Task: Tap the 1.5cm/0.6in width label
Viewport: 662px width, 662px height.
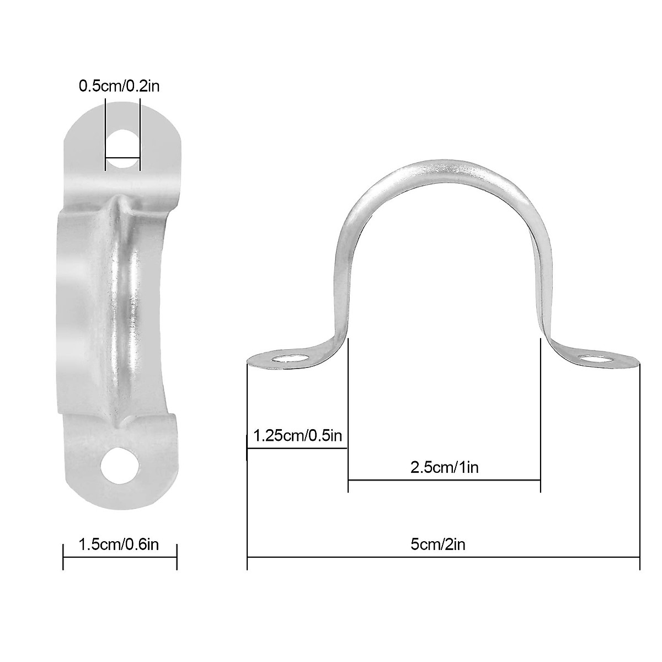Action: (119, 545)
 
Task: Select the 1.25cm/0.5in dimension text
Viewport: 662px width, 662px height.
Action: (298, 436)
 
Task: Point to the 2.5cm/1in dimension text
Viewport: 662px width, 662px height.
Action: (444, 468)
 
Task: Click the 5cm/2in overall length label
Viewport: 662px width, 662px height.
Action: (438, 545)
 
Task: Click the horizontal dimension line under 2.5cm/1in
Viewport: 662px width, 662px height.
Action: (444, 480)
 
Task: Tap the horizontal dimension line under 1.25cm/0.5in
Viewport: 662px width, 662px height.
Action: (297, 448)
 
